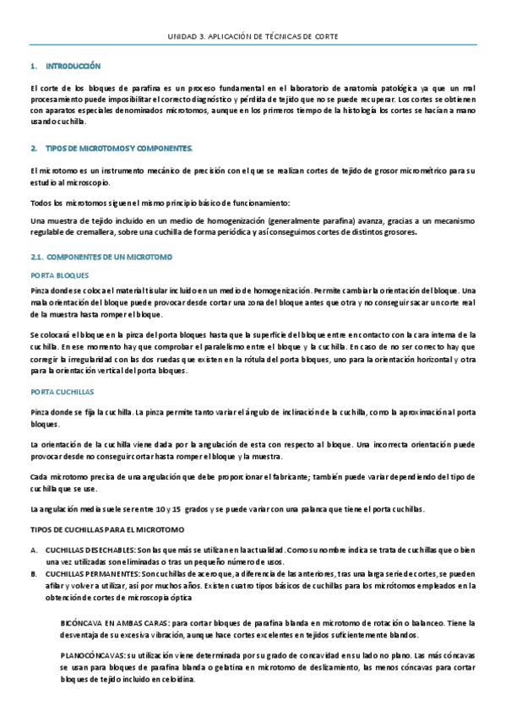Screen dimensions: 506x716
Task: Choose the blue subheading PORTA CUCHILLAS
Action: click(x=62, y=392)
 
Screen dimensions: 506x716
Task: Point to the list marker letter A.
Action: click(x=33, y=548)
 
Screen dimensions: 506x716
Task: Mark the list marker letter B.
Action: click(x=33, y=572)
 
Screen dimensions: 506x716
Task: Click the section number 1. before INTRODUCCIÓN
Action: click(x=33, y=66)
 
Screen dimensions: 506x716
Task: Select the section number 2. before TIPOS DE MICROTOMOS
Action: click(x=33, y=149)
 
